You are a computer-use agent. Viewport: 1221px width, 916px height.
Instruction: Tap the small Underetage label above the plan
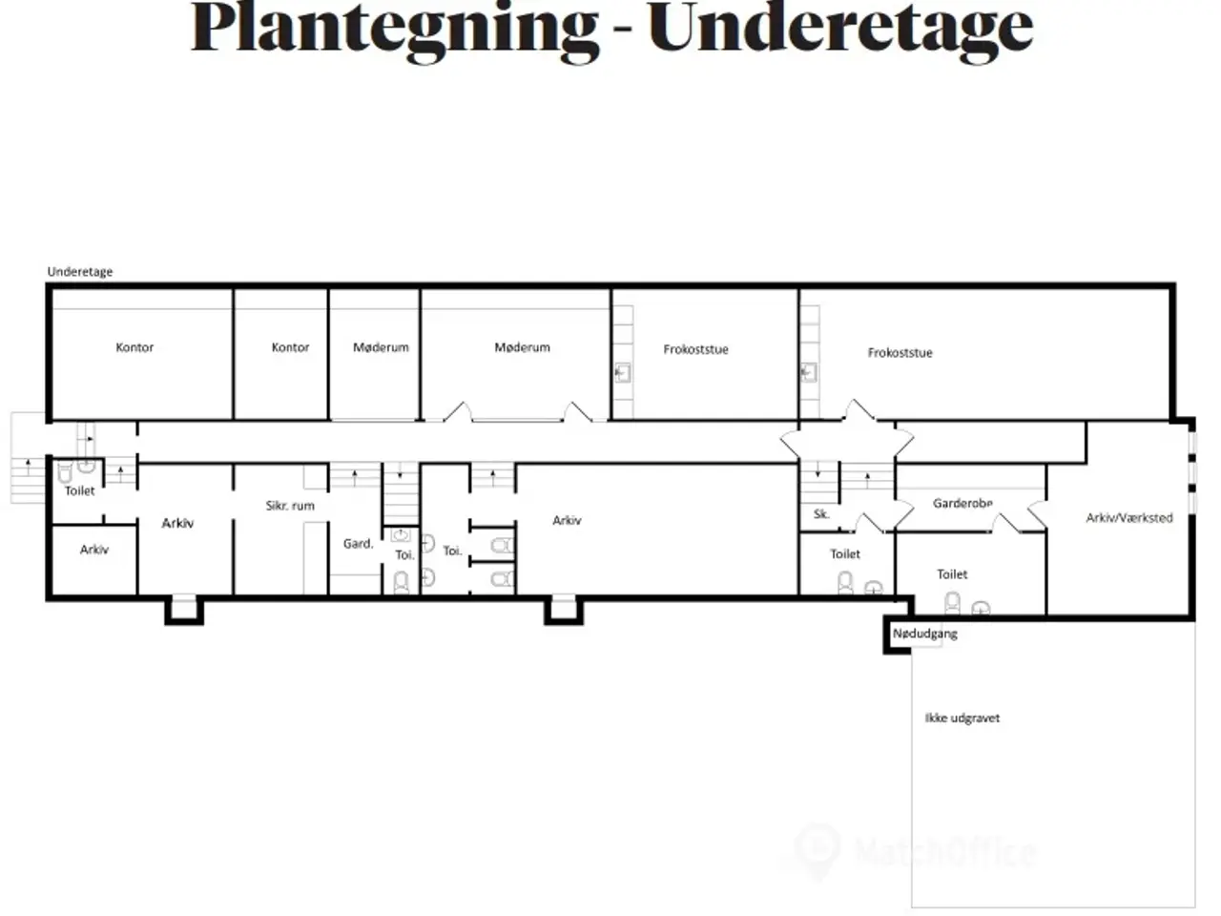coord(80,272)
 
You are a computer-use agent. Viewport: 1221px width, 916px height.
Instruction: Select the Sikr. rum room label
coord(290,506)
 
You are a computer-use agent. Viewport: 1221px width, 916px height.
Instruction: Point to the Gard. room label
coord(359,543)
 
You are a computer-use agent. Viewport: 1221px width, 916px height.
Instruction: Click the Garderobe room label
coord(962,504)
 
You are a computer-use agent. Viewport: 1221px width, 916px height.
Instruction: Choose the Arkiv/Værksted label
coord(1129,518)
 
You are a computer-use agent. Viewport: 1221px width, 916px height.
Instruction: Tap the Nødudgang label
coord(925,634)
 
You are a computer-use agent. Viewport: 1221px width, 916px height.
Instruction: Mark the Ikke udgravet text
coord(962,718)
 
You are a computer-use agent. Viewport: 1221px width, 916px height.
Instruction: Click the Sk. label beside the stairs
coord(821,514)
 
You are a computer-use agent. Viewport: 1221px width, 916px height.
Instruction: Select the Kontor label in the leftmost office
coord(135,347)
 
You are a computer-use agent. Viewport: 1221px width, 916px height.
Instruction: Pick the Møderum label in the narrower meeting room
coord(381,347)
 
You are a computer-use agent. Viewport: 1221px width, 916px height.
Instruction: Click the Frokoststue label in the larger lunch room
coord(900,353)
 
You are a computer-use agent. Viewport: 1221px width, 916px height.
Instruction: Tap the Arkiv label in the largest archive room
coord(567,521)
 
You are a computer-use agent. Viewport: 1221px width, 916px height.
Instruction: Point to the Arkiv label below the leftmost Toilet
coord(94,550)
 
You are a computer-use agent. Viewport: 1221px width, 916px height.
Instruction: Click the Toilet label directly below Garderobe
coord(952,574)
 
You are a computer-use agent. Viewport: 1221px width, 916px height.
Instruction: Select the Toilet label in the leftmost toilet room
coord(79,490)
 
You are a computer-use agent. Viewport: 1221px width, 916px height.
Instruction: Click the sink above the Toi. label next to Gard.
coord(401,535)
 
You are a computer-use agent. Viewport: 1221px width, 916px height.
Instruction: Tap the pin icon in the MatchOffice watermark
coord(817,851)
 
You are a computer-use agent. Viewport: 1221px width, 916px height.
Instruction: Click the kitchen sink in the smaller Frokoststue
coord(623,373)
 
